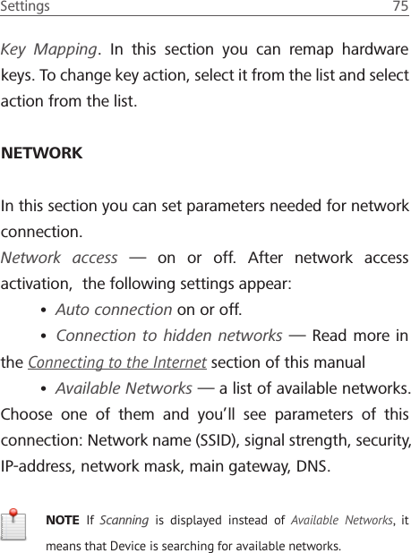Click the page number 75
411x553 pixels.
pyautogui.click(x=400, y=7)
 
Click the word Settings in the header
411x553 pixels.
pyautogui.click(x=25, y=7)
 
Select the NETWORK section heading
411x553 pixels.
pyautogui.click(x=42, y=153)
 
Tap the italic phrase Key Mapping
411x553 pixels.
pyautogui.click(x=49, y=48)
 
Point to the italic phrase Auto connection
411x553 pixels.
pyautogui.click(x=114, y=311)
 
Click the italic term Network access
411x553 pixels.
pyautogui.click(x=59, y=258)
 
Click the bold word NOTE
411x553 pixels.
pyautogui.click(x=62, y=521)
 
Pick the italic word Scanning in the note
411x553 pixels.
pyautogui.click(x=124, y=521)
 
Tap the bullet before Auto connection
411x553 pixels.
pyautogui.click(x=44, y=311)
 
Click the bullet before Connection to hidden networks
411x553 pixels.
pyautogui.click(x=44, y=337)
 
